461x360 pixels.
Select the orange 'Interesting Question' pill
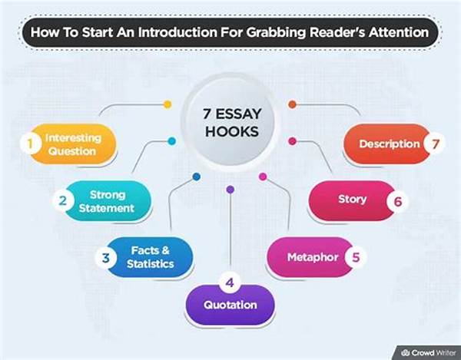[73, 144]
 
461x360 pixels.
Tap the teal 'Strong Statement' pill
[107, 201]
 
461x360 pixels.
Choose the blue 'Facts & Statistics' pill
[149, 257]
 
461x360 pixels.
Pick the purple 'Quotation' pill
[230, 305]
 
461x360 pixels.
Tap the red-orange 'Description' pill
[387, 144]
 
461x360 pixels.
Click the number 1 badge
[30, 144]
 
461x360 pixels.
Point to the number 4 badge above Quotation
[230, 282]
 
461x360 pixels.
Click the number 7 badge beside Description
[435, 144]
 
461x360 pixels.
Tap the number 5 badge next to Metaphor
[356, 257]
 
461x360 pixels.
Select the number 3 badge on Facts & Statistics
[105, 258]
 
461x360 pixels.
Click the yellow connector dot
[167, 104]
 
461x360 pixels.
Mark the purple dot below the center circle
[230, 190]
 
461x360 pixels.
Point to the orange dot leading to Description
[292, 104]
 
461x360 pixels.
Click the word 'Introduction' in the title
[178, 32]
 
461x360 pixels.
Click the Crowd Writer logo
[429, 352]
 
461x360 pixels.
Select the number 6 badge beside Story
[397, 201]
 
